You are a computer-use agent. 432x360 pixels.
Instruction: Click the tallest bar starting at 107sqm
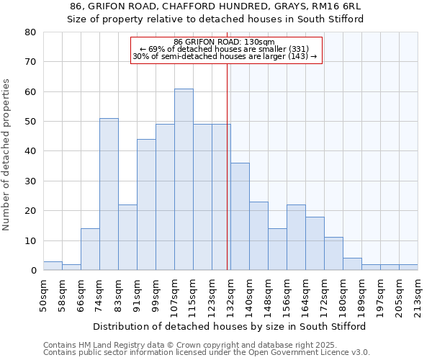pyautogui.click(x=184, y=179)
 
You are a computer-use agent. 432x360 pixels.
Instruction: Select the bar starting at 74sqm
pyautogui.click(x=109, y=194)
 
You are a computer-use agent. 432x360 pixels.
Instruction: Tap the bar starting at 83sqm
pyautogui.click(x=127, y=238)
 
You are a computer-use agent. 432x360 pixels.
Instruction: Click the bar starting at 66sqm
pyautogui.click(x=90, y=249)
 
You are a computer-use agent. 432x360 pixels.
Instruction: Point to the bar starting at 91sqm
pyautogui.click(x=146, y=204)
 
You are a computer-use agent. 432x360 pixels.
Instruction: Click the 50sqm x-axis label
pyautogui.click(x=43, y=294)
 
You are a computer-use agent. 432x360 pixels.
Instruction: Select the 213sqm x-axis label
pyautogui.click(x=418, y=294)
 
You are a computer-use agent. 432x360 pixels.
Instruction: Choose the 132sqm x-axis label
pyautogui.click(x=230, y=294)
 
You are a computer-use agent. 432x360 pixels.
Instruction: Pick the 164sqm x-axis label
pyautogui.click(x=305, y=294)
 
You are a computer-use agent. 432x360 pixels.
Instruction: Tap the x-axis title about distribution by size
pyautogui.click(x=230, y=326)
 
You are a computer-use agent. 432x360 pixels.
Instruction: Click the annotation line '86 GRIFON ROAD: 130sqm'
pyautogui.click(x=225, y=42)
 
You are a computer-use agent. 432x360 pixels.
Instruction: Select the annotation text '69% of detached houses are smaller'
pyautogui.click(x=225, y=49)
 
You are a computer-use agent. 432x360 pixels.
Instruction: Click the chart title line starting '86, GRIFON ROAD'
pyautogui.click(x=215, y=6)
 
